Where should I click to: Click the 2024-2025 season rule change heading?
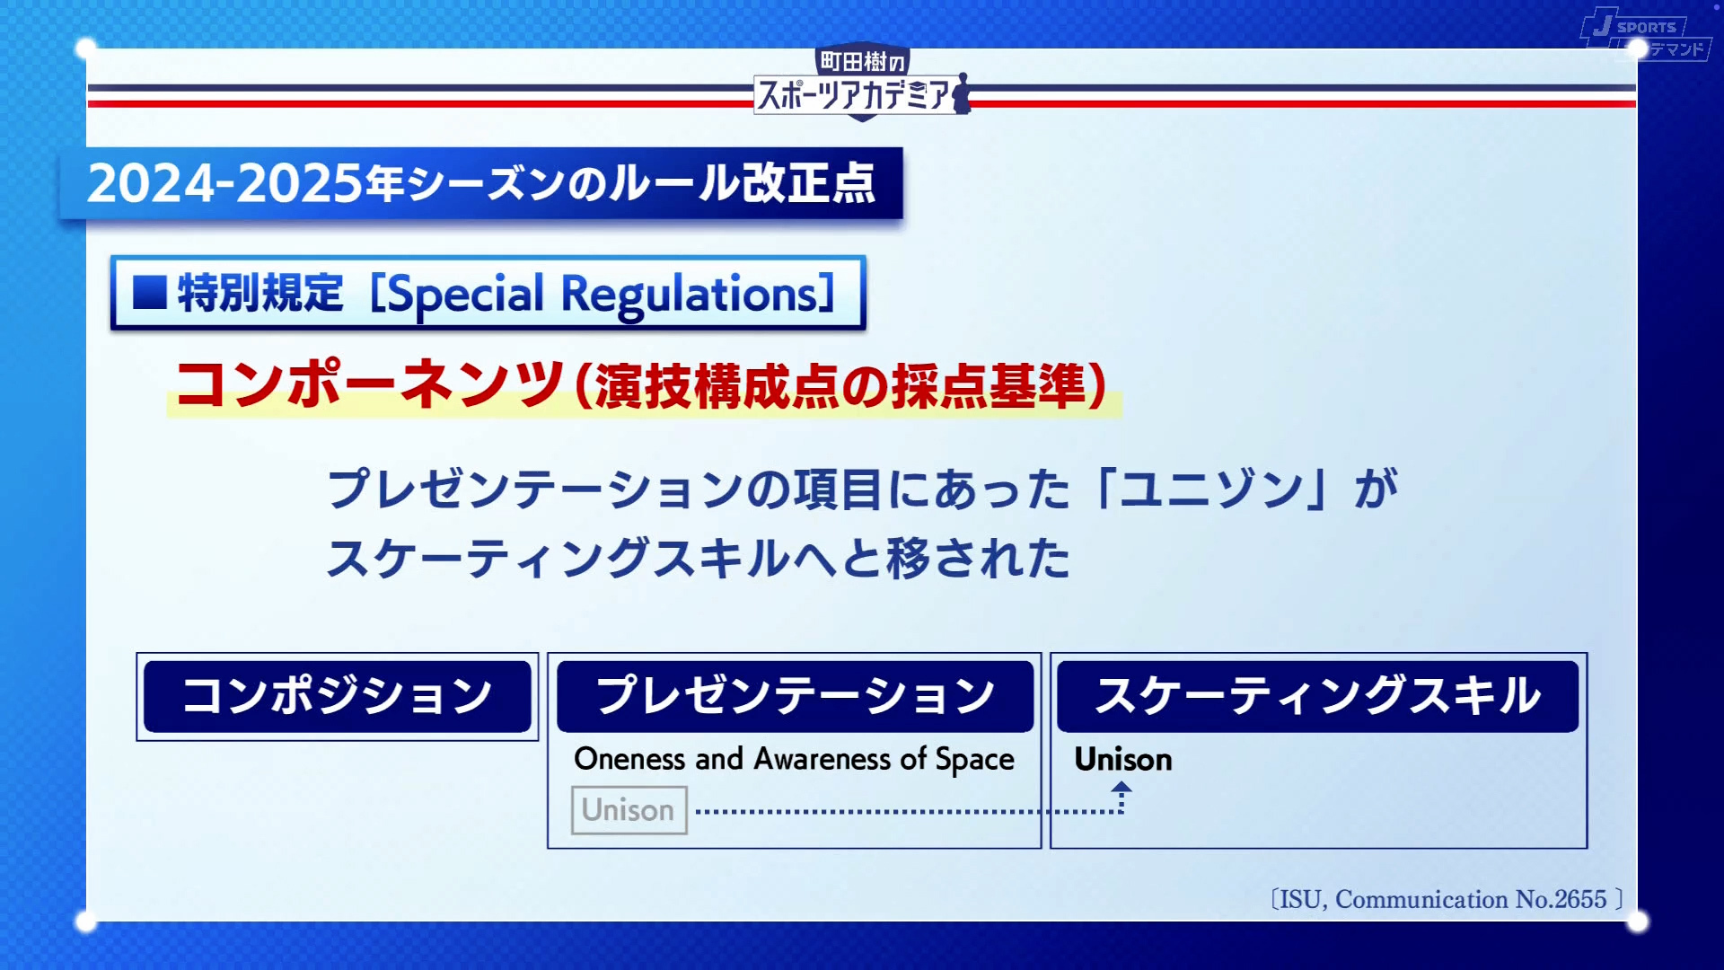point(481,183)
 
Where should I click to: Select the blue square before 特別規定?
point(150,293)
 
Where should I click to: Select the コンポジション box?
point(338,696)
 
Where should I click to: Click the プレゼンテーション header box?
point(795,696)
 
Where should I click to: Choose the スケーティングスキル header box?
point(1317,696)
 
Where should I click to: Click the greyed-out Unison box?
point(629,810)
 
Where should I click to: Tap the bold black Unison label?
point(1123,760)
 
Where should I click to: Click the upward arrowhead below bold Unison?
point(1121,788)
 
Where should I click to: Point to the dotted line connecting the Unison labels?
point(898,811)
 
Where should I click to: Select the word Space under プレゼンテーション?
point(975,760)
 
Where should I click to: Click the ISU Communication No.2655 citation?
point(1446,899)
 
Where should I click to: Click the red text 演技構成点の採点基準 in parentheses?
point(840,386)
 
